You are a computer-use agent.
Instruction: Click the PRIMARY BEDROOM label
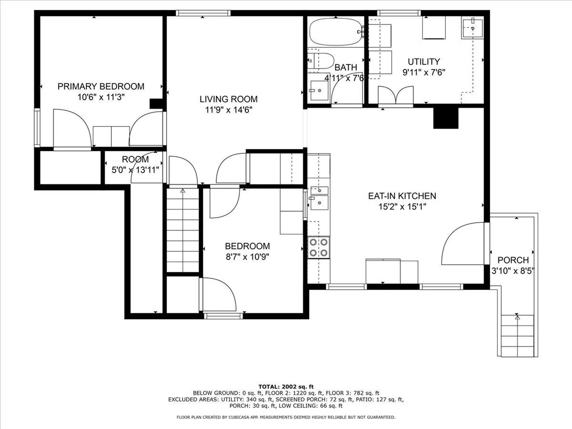click(x=101, y=86)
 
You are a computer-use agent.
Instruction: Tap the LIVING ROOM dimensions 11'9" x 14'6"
click(x=229, y=110)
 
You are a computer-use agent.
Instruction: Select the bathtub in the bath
click(x=336, y=32)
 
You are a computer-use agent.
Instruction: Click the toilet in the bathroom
click(x=321, y=61)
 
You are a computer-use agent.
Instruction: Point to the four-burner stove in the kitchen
click(x=319, y=247)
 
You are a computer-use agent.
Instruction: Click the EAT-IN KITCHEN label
click(x=402, y=196)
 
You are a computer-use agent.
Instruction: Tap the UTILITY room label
click(x=424, y=62)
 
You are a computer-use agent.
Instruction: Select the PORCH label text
click(x=513, y=260)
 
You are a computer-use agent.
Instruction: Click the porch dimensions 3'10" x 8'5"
click(x=513, y=271)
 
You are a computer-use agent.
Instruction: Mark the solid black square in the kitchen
click(x=446, y=118)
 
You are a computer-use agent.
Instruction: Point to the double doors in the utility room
click(x=396, y=95)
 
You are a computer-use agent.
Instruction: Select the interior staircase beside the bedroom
click(x=183, y=230)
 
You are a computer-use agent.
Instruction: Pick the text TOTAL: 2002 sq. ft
click(x=286, y=387)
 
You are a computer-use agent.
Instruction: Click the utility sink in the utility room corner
click(x=472, y=28)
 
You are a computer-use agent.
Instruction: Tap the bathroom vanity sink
click(x=319, y=90)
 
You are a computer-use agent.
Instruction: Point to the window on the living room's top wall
click(x=203, y=13)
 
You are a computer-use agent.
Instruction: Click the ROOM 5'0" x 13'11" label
click(x=135, y=165)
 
